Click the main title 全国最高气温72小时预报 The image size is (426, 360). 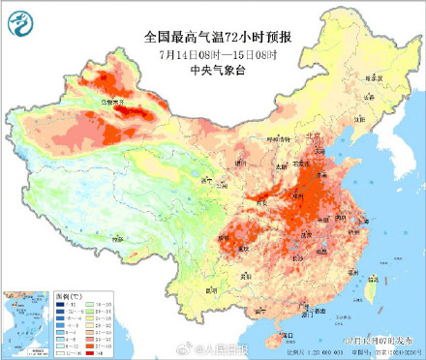click(x=214, y=37)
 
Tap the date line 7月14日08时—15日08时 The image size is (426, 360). click(x=213, y=53)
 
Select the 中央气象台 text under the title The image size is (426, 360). click(x=214, y=70)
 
